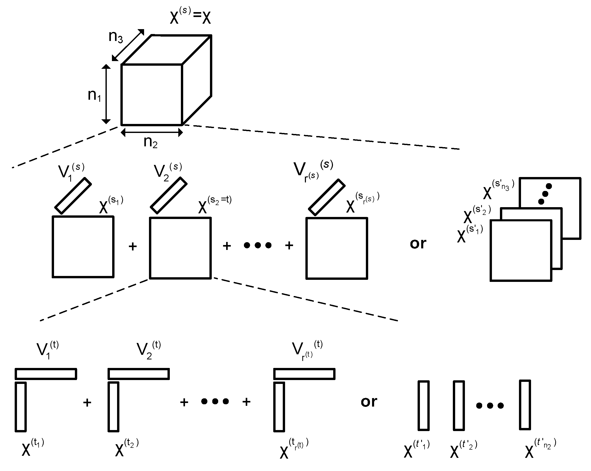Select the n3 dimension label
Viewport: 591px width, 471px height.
click(x=116, y=37)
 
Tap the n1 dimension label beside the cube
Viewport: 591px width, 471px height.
click(x=94, y=95)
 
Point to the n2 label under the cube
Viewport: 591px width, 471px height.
click(x=151, y=142)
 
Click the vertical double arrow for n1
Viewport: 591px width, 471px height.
click(x=106, y=94)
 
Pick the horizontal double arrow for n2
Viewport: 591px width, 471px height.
click(x=152, y=133)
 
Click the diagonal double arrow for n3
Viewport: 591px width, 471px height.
click(x=128, y=45)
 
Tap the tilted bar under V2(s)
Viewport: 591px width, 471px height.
click(x=169, y=195)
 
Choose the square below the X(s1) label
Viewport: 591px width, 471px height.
click(x=83, y=247)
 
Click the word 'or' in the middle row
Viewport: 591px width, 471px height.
click(x=418, y=243)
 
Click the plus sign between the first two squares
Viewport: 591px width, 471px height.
click(x=133, y=247)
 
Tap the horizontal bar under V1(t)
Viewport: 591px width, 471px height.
click(x=46, y=374)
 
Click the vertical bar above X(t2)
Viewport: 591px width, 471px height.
click(x=113, y=407)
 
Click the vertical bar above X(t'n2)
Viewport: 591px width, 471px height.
click(x=525, y=405)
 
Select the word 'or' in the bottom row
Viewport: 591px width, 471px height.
click(x=369, y=402)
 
